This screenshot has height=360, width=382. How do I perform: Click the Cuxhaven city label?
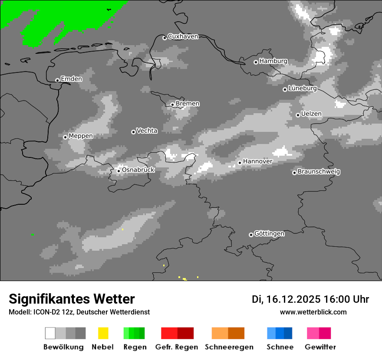pos(183,36)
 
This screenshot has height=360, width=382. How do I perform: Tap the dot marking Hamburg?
pos(256,62)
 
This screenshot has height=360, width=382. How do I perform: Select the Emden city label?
pos(71,79)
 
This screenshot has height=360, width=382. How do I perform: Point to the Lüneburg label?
pos(303,88)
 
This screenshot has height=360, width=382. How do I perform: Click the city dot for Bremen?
pos(172,105)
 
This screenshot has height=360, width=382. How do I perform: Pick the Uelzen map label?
pos(311,114)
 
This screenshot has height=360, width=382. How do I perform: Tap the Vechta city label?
pos(147,131)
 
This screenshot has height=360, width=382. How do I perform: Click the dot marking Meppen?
pos(65,137)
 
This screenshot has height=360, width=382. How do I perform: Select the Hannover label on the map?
pos(257,161)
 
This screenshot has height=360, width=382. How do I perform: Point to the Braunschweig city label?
pos(319,172)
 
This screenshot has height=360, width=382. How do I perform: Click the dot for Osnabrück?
pos(119,171)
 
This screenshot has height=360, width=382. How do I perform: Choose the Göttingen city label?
pos(269,234)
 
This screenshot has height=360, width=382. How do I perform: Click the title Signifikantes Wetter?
pos(72,299)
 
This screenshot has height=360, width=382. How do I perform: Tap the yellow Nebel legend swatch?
pos(103,333)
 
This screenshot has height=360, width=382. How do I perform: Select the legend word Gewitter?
pos(320,347)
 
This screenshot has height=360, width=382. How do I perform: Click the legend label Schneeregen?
pos(229,347)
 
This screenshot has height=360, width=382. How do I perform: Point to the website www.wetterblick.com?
pos(313,312)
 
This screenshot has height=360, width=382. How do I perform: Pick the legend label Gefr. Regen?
pos(177,347)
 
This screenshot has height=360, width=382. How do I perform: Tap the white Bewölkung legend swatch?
pos(50,333)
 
